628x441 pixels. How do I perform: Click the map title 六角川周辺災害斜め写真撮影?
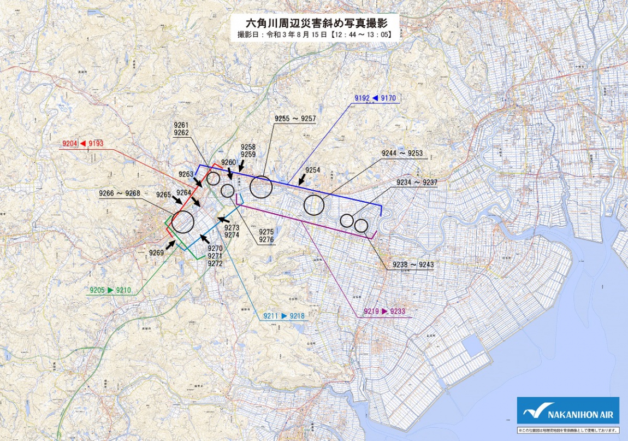point(314,22)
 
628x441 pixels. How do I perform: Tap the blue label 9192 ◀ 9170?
point(375,98)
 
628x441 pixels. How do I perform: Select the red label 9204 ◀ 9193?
point(81,143)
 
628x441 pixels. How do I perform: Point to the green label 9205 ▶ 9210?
point(110,290)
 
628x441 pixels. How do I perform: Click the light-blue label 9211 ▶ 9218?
point(283,316)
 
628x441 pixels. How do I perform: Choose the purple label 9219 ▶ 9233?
point(384,311)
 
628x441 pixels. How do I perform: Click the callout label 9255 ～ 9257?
point(295,119)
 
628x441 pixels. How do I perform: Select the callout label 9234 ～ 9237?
point(417,182)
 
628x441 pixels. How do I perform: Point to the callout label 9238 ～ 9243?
point(413,264)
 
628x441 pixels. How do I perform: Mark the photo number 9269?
point(156,252)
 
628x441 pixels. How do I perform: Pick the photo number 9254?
point(312,170)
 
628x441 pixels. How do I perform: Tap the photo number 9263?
point(186,174)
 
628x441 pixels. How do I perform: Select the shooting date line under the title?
point(314,34)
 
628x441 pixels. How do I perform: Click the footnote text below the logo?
point(568,430)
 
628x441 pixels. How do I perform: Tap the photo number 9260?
point(228,162)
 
